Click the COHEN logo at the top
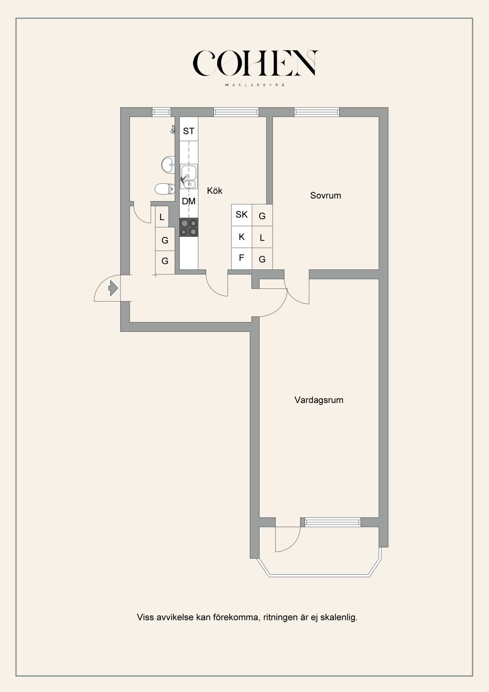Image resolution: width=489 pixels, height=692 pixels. (x=255, y=63)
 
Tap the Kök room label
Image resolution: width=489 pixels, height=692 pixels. (x=214, y=191)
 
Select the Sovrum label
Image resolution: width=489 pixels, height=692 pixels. (x=326, y=195)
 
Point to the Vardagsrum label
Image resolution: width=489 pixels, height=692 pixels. (x=319, y=400)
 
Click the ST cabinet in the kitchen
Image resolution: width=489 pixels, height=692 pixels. (x=189, y=129)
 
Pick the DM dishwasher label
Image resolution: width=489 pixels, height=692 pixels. (x=189, y=201)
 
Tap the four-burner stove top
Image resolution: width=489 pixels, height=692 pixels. (x=189, y=227)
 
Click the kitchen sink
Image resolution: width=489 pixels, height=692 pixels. (x=189, y=176)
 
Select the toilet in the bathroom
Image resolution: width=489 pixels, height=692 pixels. (x=165, y=189)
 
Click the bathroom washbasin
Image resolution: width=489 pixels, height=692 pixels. (x=168, y=164)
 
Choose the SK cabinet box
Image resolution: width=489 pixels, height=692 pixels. (x=242, y=215)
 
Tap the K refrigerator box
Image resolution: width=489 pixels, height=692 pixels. (x=242, y=237)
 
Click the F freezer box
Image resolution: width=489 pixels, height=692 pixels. (x=242, y=259)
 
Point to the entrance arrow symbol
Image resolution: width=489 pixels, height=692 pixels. (x=113, y=288)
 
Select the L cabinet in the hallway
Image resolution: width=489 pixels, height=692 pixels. (x=162, y=217)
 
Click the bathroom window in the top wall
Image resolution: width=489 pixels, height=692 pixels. (x=161, y=112)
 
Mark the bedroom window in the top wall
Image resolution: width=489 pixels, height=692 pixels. (x=316, y=112)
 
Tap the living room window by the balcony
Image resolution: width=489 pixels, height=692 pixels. (x=333, y=522)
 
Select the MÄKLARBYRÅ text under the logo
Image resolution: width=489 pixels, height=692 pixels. (x=255, y=85)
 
